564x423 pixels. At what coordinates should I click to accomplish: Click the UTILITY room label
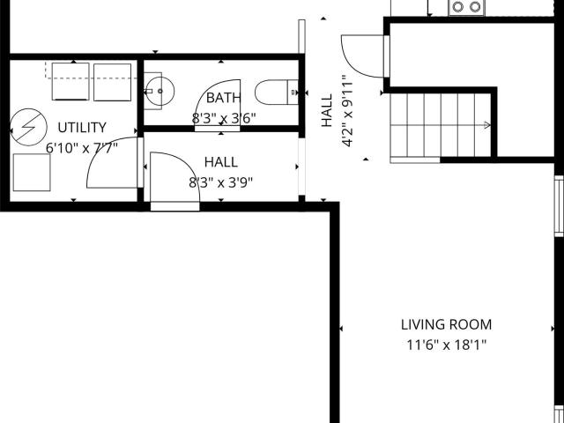(x=82, y=128)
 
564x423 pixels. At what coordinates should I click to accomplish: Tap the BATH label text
(x=223, y=98)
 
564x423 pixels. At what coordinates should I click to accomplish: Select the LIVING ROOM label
(x=446, y=325)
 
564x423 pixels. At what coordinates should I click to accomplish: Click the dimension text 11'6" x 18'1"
(x=446, y=345)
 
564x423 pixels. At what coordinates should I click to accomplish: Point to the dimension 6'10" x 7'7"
(x=82, y=148)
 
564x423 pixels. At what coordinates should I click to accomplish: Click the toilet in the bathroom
(x=277, y=93)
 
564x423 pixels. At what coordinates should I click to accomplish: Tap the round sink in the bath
(x=160, y=91)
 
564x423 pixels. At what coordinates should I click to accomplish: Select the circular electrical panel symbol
(x=28, y=127)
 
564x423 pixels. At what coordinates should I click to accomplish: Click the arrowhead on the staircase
(x=487, y=125)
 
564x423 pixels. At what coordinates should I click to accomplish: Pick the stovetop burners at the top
(x=466, y=7)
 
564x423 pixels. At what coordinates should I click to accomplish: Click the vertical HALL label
(x=327, y=111)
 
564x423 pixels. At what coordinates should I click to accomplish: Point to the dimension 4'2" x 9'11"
(x=347, y=111)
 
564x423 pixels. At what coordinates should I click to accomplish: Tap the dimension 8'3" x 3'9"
(x=221, y=182)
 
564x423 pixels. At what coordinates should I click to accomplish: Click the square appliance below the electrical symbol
(x=32, y=173)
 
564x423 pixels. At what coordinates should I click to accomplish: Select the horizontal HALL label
(x=221, y=162)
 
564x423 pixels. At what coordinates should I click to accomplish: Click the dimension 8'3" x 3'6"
(x=223, y=118)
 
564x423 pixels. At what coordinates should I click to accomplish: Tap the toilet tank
(x=293, y=93)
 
